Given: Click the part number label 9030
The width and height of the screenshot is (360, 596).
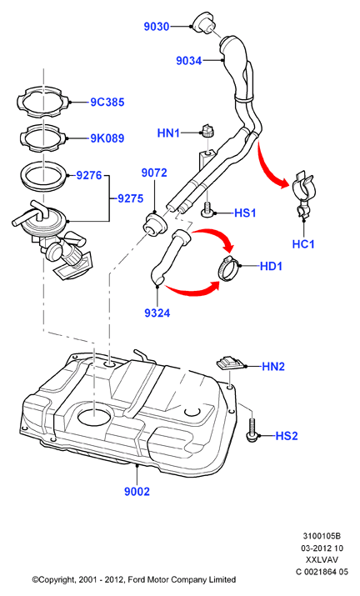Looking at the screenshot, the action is (156, 27).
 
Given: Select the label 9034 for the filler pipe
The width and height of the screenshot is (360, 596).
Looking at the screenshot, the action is (188, 61).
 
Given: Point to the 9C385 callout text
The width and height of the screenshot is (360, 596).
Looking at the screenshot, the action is (107, 102).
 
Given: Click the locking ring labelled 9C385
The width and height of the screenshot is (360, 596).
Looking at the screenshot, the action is (43, 101).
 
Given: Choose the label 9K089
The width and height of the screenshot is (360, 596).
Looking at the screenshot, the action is (107, 138).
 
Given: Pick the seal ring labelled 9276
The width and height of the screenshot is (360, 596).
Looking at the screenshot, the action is (43, 176).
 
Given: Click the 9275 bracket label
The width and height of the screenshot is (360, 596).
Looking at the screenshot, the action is (130, 198).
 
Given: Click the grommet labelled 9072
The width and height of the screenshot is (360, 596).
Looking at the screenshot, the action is (154, 224).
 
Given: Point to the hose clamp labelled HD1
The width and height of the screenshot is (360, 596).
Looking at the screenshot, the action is (227, 268).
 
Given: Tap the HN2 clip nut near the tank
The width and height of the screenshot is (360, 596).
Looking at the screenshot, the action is (230, 363).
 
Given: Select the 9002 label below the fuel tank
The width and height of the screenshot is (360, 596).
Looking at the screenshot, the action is (137, 492).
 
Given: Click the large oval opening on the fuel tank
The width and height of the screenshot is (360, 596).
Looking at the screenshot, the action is (94, 416).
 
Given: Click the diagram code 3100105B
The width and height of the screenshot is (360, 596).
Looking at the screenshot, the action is (322, 536).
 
